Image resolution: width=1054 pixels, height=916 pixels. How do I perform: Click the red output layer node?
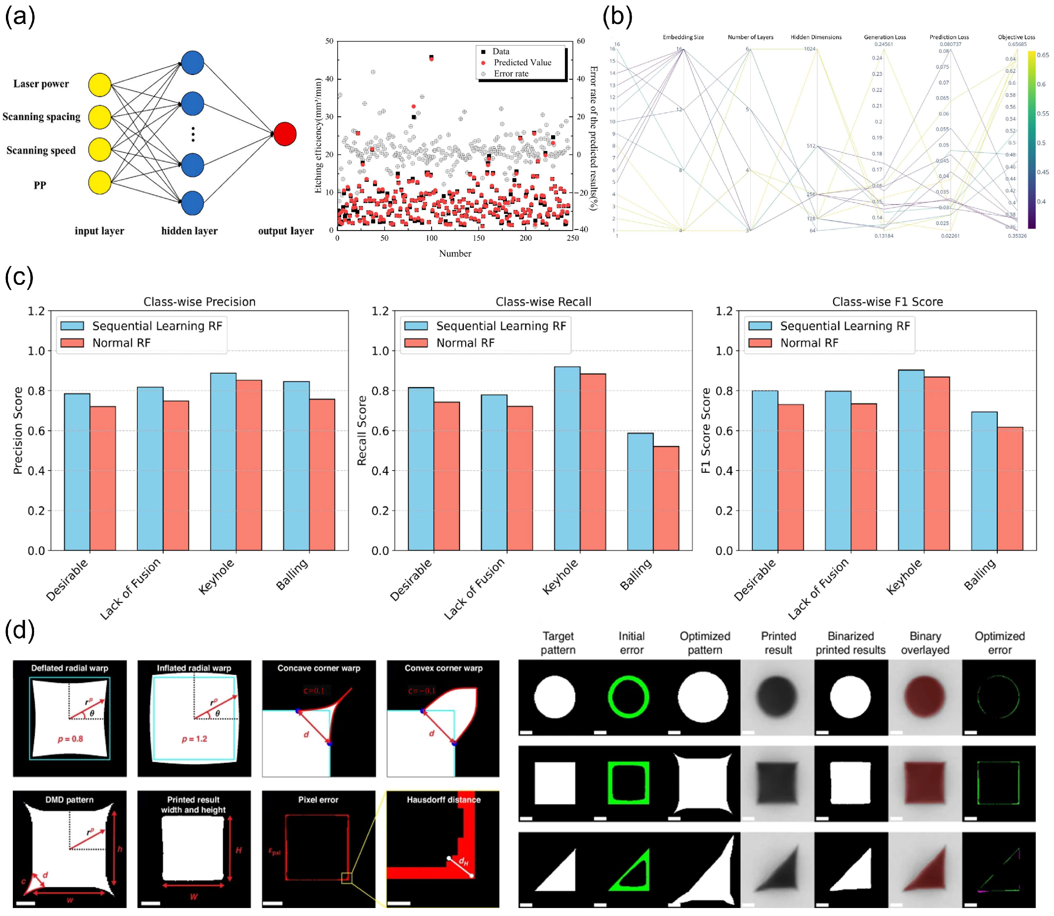pos(285,134)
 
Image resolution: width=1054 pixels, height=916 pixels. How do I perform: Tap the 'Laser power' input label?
pos(41,84)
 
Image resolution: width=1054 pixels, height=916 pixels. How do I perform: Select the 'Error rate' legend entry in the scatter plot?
pos(511,74)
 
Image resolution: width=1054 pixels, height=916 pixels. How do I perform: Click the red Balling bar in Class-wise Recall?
pos(666,498)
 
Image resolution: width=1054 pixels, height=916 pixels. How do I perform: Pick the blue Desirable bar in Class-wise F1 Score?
pos(765,470)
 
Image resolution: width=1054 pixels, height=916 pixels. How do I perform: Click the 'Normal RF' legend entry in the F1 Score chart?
pos(809,343)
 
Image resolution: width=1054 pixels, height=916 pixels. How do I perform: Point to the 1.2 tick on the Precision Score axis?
pos(36,311)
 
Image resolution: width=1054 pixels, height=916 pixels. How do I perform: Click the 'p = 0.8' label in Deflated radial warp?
pos(70,739)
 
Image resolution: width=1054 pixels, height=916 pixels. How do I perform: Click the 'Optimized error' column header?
pos(999,643)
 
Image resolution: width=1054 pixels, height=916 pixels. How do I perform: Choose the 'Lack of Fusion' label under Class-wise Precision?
pos(130,589)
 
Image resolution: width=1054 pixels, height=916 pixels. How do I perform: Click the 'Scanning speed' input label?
pos(41,150)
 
